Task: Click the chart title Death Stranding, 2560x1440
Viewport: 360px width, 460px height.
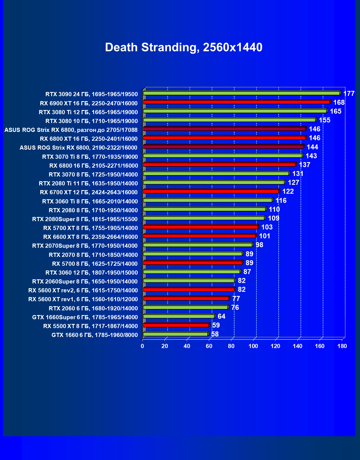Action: point(184,47)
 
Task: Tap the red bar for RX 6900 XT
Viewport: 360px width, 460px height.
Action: point(236,102)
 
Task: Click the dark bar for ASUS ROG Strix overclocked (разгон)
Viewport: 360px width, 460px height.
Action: point(224,129)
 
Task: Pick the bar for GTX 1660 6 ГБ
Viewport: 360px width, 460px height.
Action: point(176,334)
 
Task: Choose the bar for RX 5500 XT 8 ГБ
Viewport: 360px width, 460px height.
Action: point(176,325)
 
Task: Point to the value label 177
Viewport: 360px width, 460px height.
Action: point(349,94)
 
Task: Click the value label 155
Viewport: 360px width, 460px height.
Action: point(325,120)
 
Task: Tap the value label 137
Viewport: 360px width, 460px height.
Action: point(304,165)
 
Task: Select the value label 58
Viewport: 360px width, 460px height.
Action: point(215,334)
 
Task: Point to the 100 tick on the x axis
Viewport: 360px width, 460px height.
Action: point(253,346)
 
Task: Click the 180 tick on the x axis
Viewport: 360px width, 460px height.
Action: point(342,346)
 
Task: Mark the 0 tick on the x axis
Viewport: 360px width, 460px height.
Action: point(142,346)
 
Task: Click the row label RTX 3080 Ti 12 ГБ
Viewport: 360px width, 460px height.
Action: point(88,112)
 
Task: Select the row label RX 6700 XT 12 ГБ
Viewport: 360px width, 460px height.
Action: point(89,192)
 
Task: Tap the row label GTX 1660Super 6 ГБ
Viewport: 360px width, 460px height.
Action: point(85,317)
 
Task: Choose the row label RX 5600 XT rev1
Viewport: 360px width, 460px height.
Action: point(83,299)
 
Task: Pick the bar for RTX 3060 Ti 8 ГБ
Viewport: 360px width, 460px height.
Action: point(208,200)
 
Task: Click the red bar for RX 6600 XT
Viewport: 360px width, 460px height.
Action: point(199,236)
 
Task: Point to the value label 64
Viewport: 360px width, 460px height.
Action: point(222,316)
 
